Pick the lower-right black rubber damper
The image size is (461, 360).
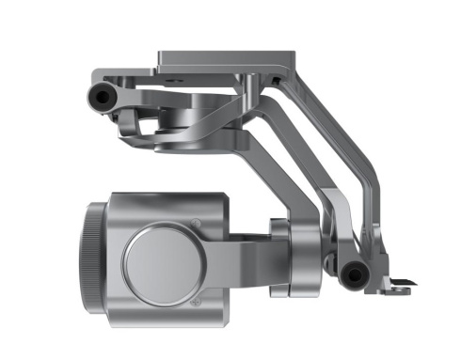[x=353, y=274]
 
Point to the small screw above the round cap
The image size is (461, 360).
[x=195, y=224]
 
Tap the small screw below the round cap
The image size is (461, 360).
[x=195, y=303]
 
